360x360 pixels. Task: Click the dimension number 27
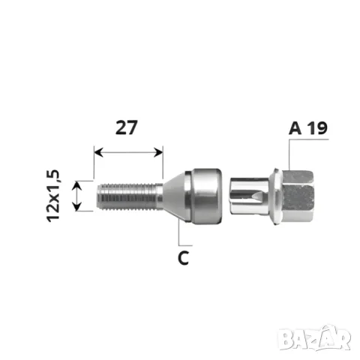pos(127,127)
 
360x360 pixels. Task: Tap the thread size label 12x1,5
pos(53,196)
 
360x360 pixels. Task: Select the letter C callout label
pos(184,258)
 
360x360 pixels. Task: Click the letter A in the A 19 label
pos(295,128)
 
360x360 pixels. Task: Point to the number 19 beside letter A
pos(317,128)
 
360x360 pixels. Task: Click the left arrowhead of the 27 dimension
pos(98,152)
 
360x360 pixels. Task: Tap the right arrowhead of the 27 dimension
pos(158,152)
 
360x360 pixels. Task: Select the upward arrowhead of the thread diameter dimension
pos(77,185)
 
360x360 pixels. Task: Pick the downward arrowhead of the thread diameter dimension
pos(77,206)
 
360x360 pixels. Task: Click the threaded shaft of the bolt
pos(130,196)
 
